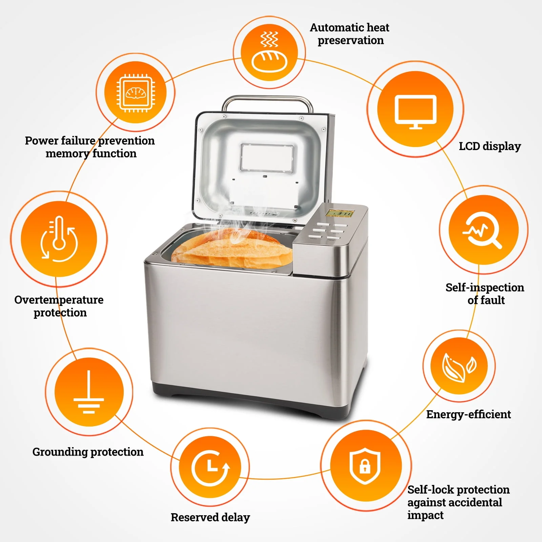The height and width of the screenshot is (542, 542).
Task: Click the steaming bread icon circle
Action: point(269,53)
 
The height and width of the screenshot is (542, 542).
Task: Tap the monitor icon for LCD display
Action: point(416,109)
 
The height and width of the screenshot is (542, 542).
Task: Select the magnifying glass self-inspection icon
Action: point(483,230)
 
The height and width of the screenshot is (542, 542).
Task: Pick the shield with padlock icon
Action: point(365,466)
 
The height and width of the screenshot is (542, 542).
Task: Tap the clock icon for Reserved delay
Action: point(210,467)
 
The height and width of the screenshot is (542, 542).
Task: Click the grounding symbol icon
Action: point(89,392)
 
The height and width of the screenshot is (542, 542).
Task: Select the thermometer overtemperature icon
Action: point(59,239)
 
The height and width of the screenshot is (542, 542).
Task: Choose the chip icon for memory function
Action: point(135,92)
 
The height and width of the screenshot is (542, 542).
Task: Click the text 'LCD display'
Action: point(489,146)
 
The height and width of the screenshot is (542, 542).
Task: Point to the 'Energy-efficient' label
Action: point(468,414)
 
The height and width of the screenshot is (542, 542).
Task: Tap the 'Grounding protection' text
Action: point(88,452)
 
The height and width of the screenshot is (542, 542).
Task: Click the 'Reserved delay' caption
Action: point(210,517)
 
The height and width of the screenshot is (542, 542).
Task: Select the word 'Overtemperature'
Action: point(59,300)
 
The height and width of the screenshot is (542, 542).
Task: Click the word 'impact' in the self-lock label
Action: point(425,515)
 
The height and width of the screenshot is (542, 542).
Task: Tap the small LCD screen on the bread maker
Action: point(339,213)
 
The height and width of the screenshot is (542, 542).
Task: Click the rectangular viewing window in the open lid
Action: point(267,158)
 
